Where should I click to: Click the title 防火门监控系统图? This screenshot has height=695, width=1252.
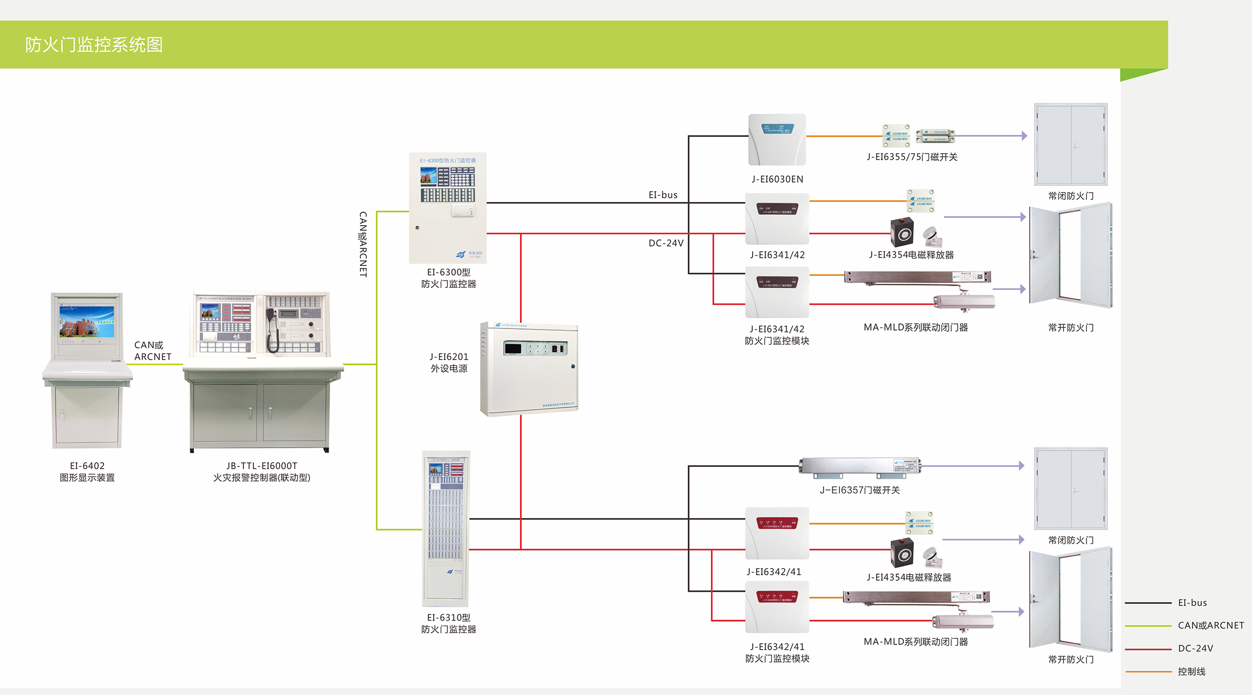click(94, 45)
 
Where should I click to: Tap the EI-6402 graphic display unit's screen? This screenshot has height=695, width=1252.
click(87, 321)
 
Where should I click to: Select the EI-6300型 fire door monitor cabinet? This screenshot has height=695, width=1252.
click(448, 208)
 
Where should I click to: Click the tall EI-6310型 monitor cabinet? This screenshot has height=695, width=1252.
click(446, 528)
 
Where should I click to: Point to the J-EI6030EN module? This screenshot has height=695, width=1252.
click(777, 140)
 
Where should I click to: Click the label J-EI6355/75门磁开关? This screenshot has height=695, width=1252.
click(912, 157)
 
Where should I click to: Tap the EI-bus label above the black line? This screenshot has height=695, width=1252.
click(663, 195)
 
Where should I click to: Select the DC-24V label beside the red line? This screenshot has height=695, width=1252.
click(666, 243)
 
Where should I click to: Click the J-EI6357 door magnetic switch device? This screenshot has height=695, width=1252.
click(860, 467)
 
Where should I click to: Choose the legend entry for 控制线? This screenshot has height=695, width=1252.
click(1192, 672)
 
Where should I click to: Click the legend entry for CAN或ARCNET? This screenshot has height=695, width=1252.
click(1210, 625)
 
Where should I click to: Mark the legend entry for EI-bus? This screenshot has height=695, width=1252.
click(1192, 602)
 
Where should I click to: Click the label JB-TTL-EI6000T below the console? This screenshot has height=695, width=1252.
click(261, 466)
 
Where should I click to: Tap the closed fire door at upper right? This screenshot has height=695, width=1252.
click(1070, 144)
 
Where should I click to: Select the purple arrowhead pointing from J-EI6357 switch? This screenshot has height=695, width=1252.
click(1021, 465)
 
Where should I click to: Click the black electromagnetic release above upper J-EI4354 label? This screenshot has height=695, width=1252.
click(902, 233)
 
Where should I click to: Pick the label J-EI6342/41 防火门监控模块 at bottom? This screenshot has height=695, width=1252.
click(777, 652)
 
